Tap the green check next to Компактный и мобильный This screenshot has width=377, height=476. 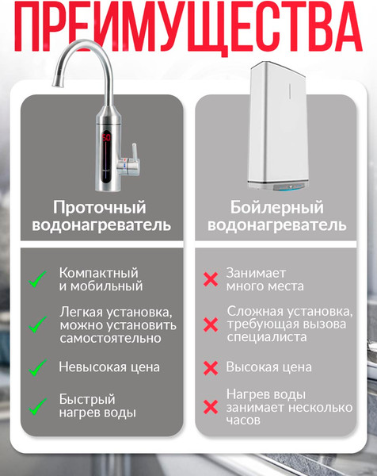(x=37, y=279)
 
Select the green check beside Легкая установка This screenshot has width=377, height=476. (x=37, y=324)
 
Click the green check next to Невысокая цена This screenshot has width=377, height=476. (x=37, y=367)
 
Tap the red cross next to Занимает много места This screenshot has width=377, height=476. (x=211, y=279)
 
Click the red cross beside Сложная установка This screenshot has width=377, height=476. (x=211, y=324)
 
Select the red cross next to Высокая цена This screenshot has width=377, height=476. (x=211, y=367)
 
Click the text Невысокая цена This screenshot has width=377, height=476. (x=109, y=367)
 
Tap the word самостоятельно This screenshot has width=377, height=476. (x=110, y=339)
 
